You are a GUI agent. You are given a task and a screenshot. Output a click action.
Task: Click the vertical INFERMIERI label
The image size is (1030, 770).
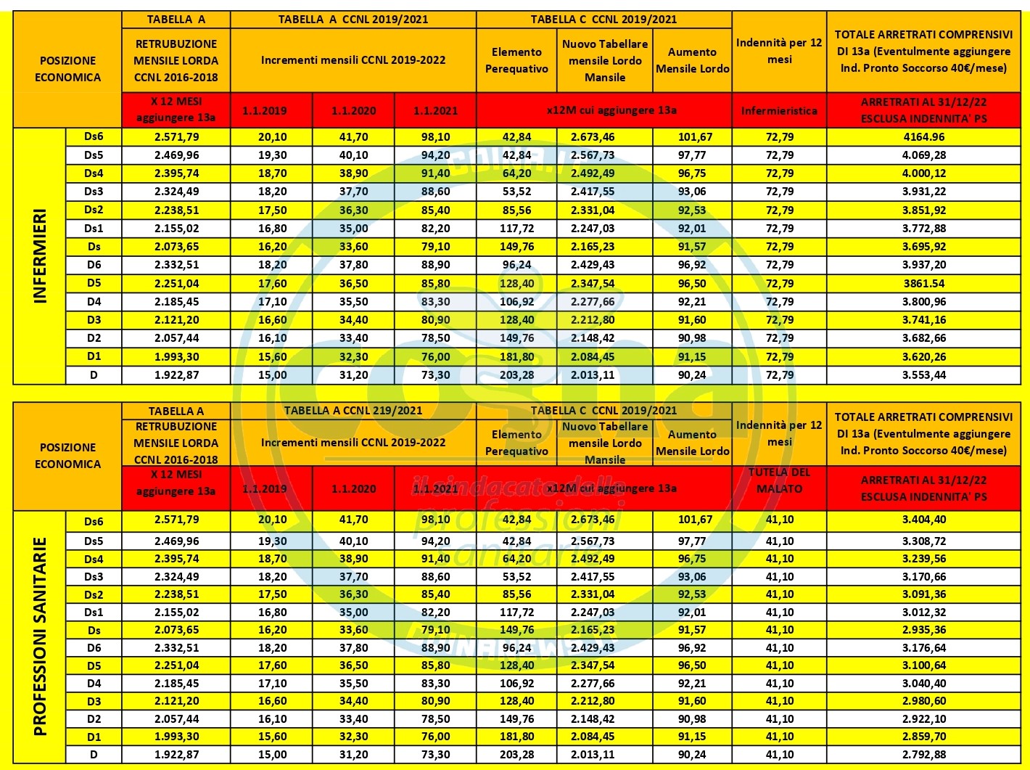[40, 256]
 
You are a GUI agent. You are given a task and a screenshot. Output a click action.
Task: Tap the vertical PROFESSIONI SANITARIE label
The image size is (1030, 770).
[40, 636]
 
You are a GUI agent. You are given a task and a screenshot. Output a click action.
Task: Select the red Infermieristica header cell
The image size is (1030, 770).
[779, 111]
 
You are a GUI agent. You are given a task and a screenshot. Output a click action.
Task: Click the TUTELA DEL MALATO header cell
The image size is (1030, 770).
[779, 480]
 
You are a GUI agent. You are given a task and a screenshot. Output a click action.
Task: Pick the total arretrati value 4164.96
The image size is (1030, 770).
[923, 137]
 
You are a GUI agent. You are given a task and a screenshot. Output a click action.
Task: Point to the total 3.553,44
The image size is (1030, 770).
[923, 375]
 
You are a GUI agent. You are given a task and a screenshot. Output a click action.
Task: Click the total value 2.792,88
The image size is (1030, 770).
[923, 755]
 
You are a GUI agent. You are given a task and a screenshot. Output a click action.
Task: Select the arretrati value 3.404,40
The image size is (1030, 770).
[923, 520]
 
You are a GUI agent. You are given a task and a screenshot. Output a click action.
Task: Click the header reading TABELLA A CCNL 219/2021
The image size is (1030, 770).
[353, 411]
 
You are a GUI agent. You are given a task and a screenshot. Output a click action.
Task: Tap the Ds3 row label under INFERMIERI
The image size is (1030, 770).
[94, 192]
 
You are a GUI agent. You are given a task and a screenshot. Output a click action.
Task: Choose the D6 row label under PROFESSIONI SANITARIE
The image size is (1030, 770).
[94, 648]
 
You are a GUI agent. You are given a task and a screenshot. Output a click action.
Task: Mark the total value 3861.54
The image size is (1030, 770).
[923, 284]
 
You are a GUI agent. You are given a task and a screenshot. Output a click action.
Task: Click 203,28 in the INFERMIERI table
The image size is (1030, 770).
[516, 375]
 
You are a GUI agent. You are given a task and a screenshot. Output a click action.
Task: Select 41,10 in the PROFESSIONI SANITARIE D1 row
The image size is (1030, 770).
[779, 737]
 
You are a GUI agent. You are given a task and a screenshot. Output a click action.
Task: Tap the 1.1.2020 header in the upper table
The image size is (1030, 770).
[353, 111]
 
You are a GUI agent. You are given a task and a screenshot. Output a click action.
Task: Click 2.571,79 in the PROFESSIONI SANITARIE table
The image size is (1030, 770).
[176, 520]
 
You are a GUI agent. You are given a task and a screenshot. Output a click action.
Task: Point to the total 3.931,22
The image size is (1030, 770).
[923, 192]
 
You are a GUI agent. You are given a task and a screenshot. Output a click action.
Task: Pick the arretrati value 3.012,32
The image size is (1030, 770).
[923, 613]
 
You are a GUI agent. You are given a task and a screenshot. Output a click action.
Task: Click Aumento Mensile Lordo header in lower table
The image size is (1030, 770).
[692, 443]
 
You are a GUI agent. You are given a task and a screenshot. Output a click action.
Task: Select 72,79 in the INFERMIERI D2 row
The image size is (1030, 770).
[779, 338]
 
